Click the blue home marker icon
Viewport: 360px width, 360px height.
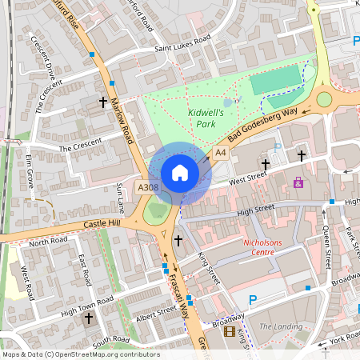click(x=180, y=173)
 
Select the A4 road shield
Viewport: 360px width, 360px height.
click(x=221, y=152)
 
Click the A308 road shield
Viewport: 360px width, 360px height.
click(x=148, y=187)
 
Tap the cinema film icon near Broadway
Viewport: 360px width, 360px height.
click(x=230, y=331)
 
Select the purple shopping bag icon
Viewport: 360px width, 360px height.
click(x=298, y=182)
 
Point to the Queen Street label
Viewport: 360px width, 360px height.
click(x=326, y=246)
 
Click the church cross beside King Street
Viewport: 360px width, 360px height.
click(x=178, y=240)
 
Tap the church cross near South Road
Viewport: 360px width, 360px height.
click(x=89, y=318)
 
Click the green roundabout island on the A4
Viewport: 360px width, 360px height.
click(x=324, y=99)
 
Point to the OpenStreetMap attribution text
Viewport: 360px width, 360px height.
click(x=81, y=354)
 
